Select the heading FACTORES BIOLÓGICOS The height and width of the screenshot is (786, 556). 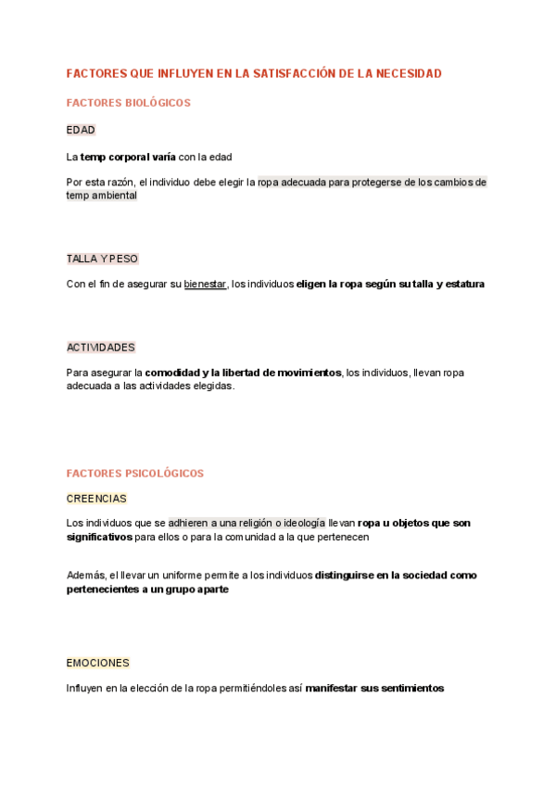pyautogui.click(x=128, y=103)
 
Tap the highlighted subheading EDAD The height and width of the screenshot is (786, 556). pyautogui.click(x=81, y=130)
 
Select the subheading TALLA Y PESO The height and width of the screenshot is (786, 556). pyautogui.click(x=102, y=259)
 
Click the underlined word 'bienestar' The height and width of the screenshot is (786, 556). pyautogui.click(x=205, y=285)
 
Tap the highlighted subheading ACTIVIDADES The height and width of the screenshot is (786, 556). pyautogui.click(x=100, y=348)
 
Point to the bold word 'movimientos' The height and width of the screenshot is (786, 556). pyautogui.click(x=302, y=373)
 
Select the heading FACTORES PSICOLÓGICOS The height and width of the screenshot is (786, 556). pyautogui.click(x=134, y=474)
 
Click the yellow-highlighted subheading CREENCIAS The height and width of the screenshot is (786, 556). pyautogui.click(x=96, y=499)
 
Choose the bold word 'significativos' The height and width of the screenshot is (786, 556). pyautogui.click(x=99, y=537)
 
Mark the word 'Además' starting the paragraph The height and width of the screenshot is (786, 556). pyautogui.click(x=86, y=576)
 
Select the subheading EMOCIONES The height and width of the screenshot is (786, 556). pyautogui.click(x=97, y=664)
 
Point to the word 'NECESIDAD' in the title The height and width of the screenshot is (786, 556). pyautogui.click(x=410, y=73)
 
